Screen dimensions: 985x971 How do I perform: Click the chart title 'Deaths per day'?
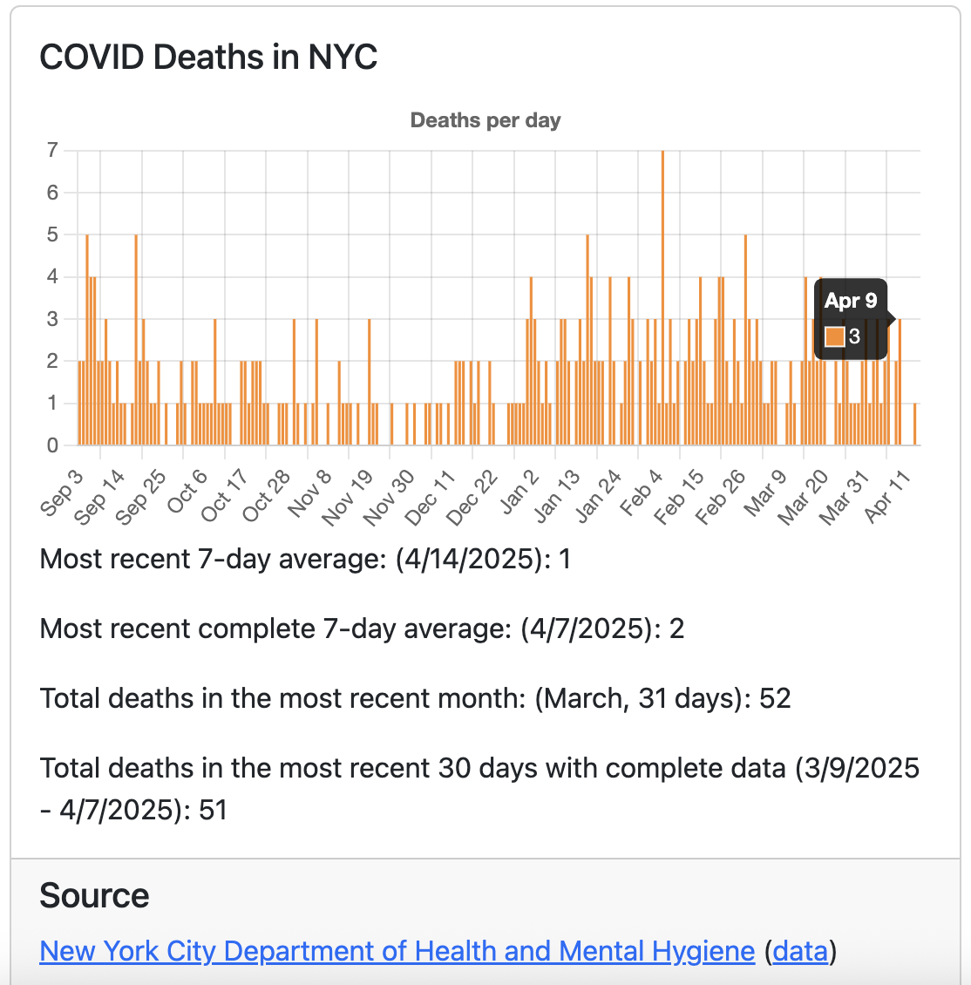(485, 120)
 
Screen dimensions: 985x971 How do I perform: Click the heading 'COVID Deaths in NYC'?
(208, 58)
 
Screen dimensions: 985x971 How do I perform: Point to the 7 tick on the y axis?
(52, 150)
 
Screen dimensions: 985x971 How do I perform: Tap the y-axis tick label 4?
(52, 276)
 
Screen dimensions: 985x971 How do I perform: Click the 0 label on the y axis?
(52, 445)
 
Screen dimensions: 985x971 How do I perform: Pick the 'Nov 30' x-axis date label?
(390, 498)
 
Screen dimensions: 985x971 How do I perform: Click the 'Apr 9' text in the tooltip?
(851, 302)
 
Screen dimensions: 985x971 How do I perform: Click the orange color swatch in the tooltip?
(834, 336)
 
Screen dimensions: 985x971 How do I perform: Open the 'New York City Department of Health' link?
(397, 951)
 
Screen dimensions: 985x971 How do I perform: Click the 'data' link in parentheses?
(801, 951)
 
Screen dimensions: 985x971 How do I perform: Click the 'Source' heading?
(94, 896)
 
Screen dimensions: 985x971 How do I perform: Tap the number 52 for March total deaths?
(774, 698)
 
